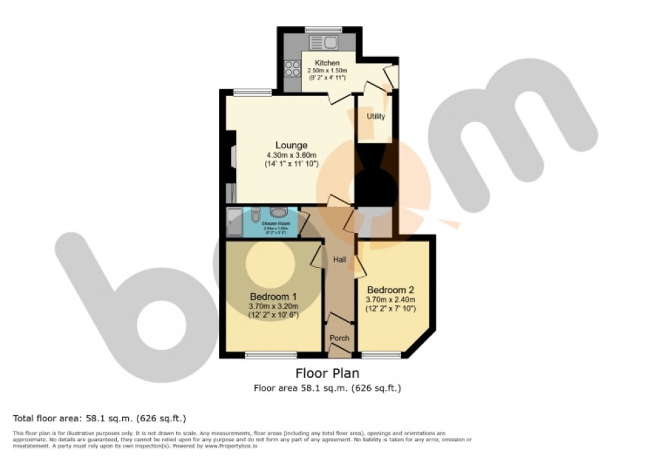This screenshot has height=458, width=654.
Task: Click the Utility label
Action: click(376, 116)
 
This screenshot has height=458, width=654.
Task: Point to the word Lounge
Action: click(292, 145)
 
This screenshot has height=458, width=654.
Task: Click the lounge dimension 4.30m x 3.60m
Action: click(292, 156)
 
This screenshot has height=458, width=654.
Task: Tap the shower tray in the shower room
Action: click(234, 222)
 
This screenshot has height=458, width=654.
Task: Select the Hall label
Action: click(339, 261)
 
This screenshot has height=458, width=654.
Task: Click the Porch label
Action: click(340, 338)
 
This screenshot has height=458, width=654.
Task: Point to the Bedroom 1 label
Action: click(274, 296)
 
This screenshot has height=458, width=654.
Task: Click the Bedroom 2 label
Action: click(390, 290)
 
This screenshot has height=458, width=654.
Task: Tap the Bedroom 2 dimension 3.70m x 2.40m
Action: click(390, 300)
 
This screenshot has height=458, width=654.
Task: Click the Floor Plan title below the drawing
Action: click(327, 373)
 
